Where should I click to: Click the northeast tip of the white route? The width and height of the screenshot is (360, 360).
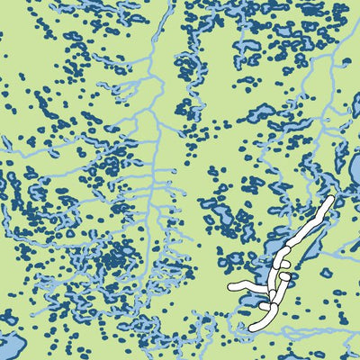(330, 200)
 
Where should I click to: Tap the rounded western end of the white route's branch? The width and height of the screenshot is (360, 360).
(232, 287)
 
